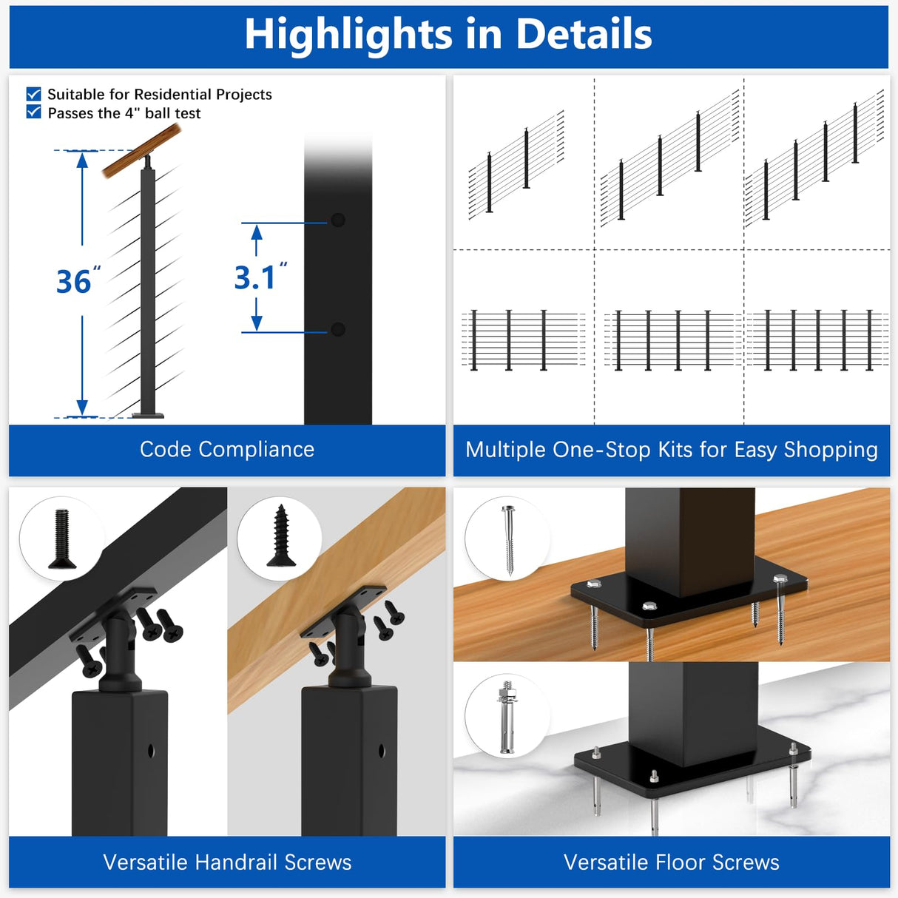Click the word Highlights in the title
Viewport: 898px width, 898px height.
348,35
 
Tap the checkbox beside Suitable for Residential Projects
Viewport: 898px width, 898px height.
33,94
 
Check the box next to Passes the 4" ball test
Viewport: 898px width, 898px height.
33,112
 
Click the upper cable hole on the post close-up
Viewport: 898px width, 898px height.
338,220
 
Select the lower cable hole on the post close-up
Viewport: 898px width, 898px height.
338,329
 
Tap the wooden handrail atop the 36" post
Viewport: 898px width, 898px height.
141,151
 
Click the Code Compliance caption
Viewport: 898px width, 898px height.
227,449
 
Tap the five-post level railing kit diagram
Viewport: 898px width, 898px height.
817,340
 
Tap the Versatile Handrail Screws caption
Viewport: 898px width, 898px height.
227,862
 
